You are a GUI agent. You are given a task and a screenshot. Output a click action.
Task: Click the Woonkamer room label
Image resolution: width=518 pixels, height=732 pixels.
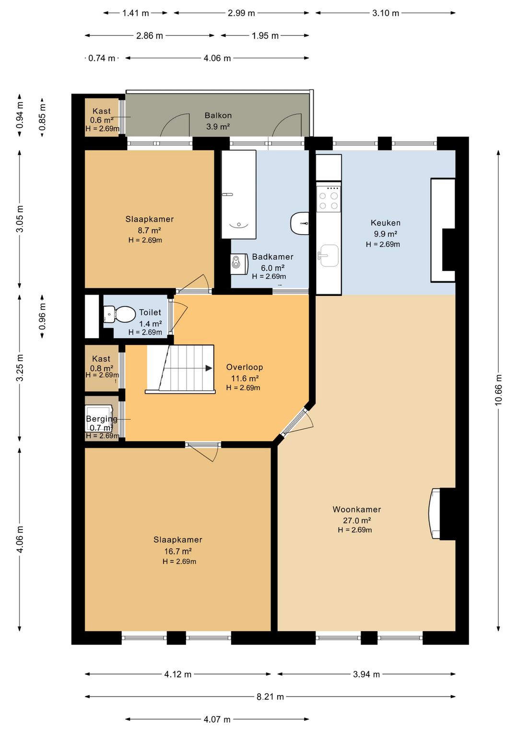(356, 509)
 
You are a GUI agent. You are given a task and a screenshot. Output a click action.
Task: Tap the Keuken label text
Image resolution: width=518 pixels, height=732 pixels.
(385, 223)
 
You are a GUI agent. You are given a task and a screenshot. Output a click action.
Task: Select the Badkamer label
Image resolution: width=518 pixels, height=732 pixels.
(272, 257)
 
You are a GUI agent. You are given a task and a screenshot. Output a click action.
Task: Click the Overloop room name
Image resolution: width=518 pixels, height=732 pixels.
(245, 367)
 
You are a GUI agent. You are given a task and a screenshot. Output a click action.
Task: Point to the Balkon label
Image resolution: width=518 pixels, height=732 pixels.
(218, 115)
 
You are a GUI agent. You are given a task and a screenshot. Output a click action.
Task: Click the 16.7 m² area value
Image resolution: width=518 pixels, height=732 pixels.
(177, 551)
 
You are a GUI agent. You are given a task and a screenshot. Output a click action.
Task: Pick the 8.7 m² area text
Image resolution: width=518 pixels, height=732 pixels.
(149, 230)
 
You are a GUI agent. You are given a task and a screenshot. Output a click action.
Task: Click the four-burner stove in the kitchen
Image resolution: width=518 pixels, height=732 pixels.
(329, 199)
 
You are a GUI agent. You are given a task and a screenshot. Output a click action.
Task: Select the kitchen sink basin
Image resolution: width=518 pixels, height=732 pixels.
(329, 256)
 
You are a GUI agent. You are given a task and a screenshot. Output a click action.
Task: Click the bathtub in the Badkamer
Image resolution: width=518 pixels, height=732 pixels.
(238, 194)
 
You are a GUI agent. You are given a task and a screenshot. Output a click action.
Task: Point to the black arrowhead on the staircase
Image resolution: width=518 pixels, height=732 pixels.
(209, 368)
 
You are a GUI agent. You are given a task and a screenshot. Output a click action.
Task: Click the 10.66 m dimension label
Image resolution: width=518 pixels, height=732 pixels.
(498, 390)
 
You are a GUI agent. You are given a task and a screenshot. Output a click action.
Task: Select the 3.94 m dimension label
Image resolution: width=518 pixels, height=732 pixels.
(366, 674)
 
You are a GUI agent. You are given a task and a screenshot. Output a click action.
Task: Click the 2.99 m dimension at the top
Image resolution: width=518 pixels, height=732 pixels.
(241, 13)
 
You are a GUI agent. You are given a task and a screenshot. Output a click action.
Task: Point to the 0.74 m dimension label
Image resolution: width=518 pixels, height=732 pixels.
(102, 58)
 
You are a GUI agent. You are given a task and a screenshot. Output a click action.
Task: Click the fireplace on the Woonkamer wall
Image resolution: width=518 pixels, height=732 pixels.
(435, 513)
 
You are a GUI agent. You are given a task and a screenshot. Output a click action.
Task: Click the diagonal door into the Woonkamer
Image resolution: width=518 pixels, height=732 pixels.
(294, 422)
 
